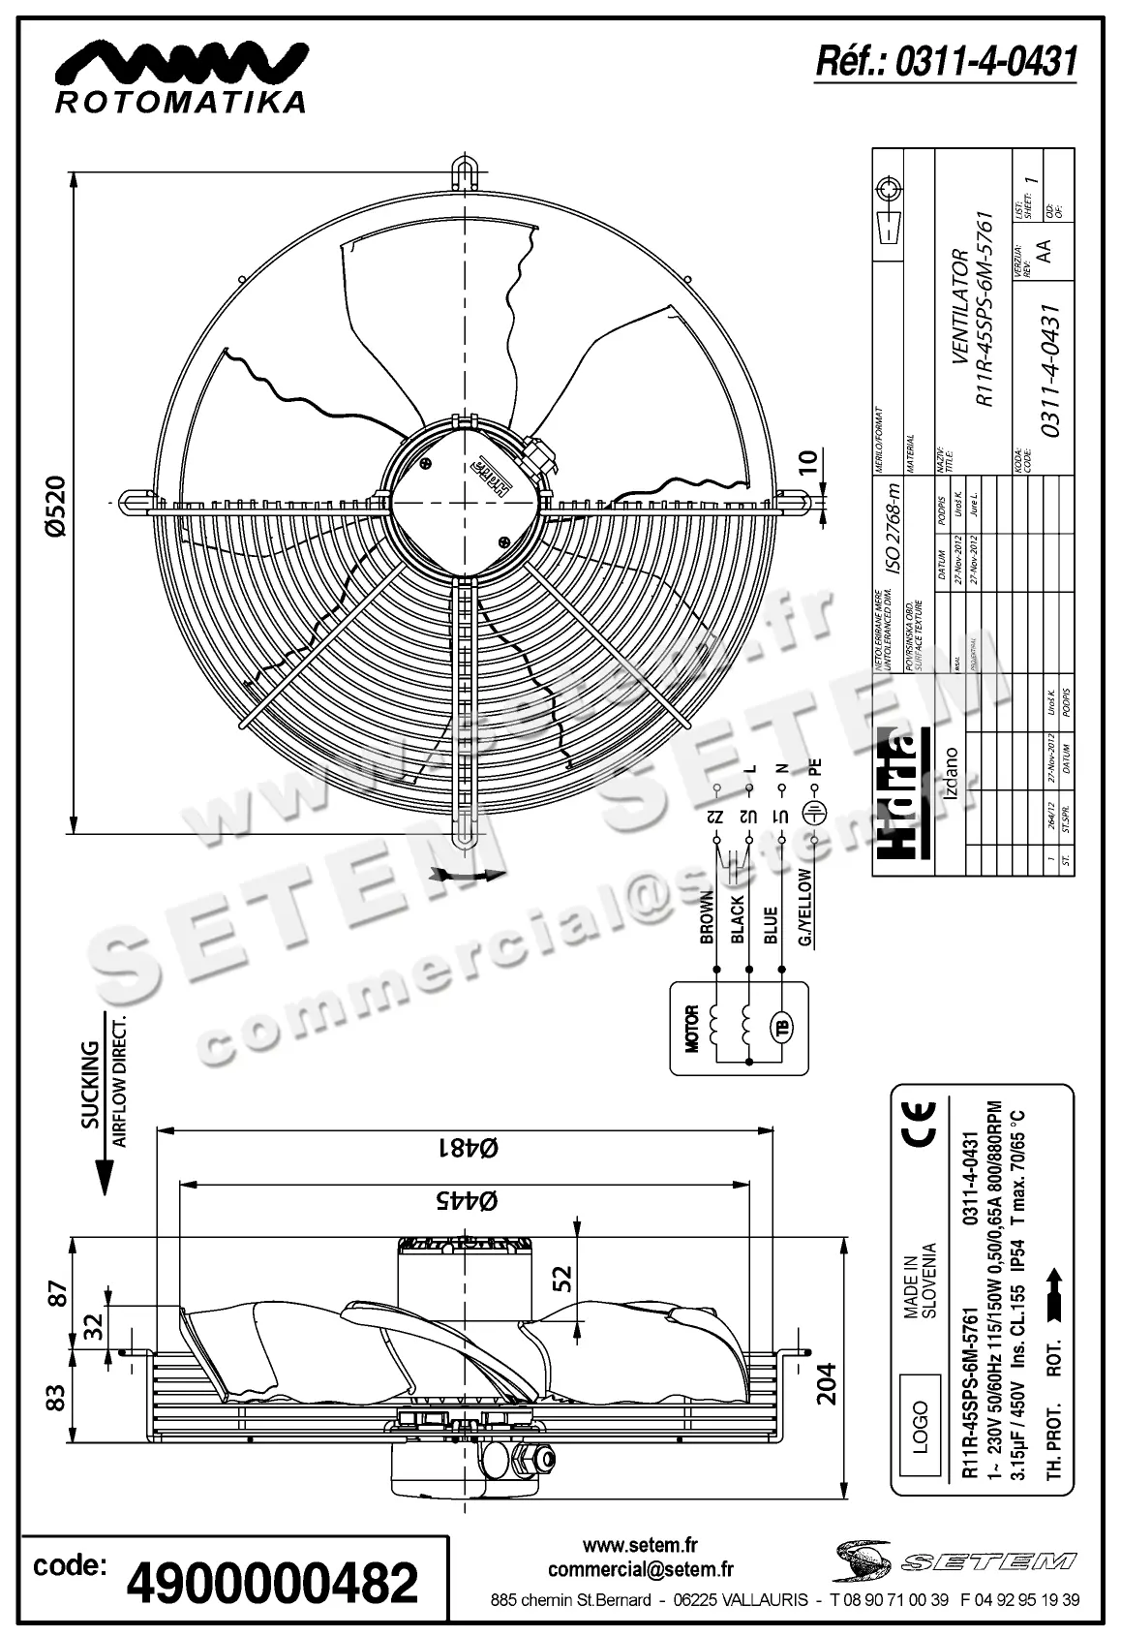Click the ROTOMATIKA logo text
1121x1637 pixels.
(181, 102)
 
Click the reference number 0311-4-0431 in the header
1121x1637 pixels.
(947, 62)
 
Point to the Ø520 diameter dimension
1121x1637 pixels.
(56, 504)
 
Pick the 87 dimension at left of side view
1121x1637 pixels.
(57, 1293)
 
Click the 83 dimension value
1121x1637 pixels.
(57, 1396)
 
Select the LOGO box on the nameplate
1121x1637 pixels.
(920, 1425)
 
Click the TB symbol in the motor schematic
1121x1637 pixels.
(779, 1027)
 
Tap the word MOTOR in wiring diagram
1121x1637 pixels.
(691, 1028)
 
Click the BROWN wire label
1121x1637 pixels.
(707, 918)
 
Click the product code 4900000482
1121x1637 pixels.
(273, 1583)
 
